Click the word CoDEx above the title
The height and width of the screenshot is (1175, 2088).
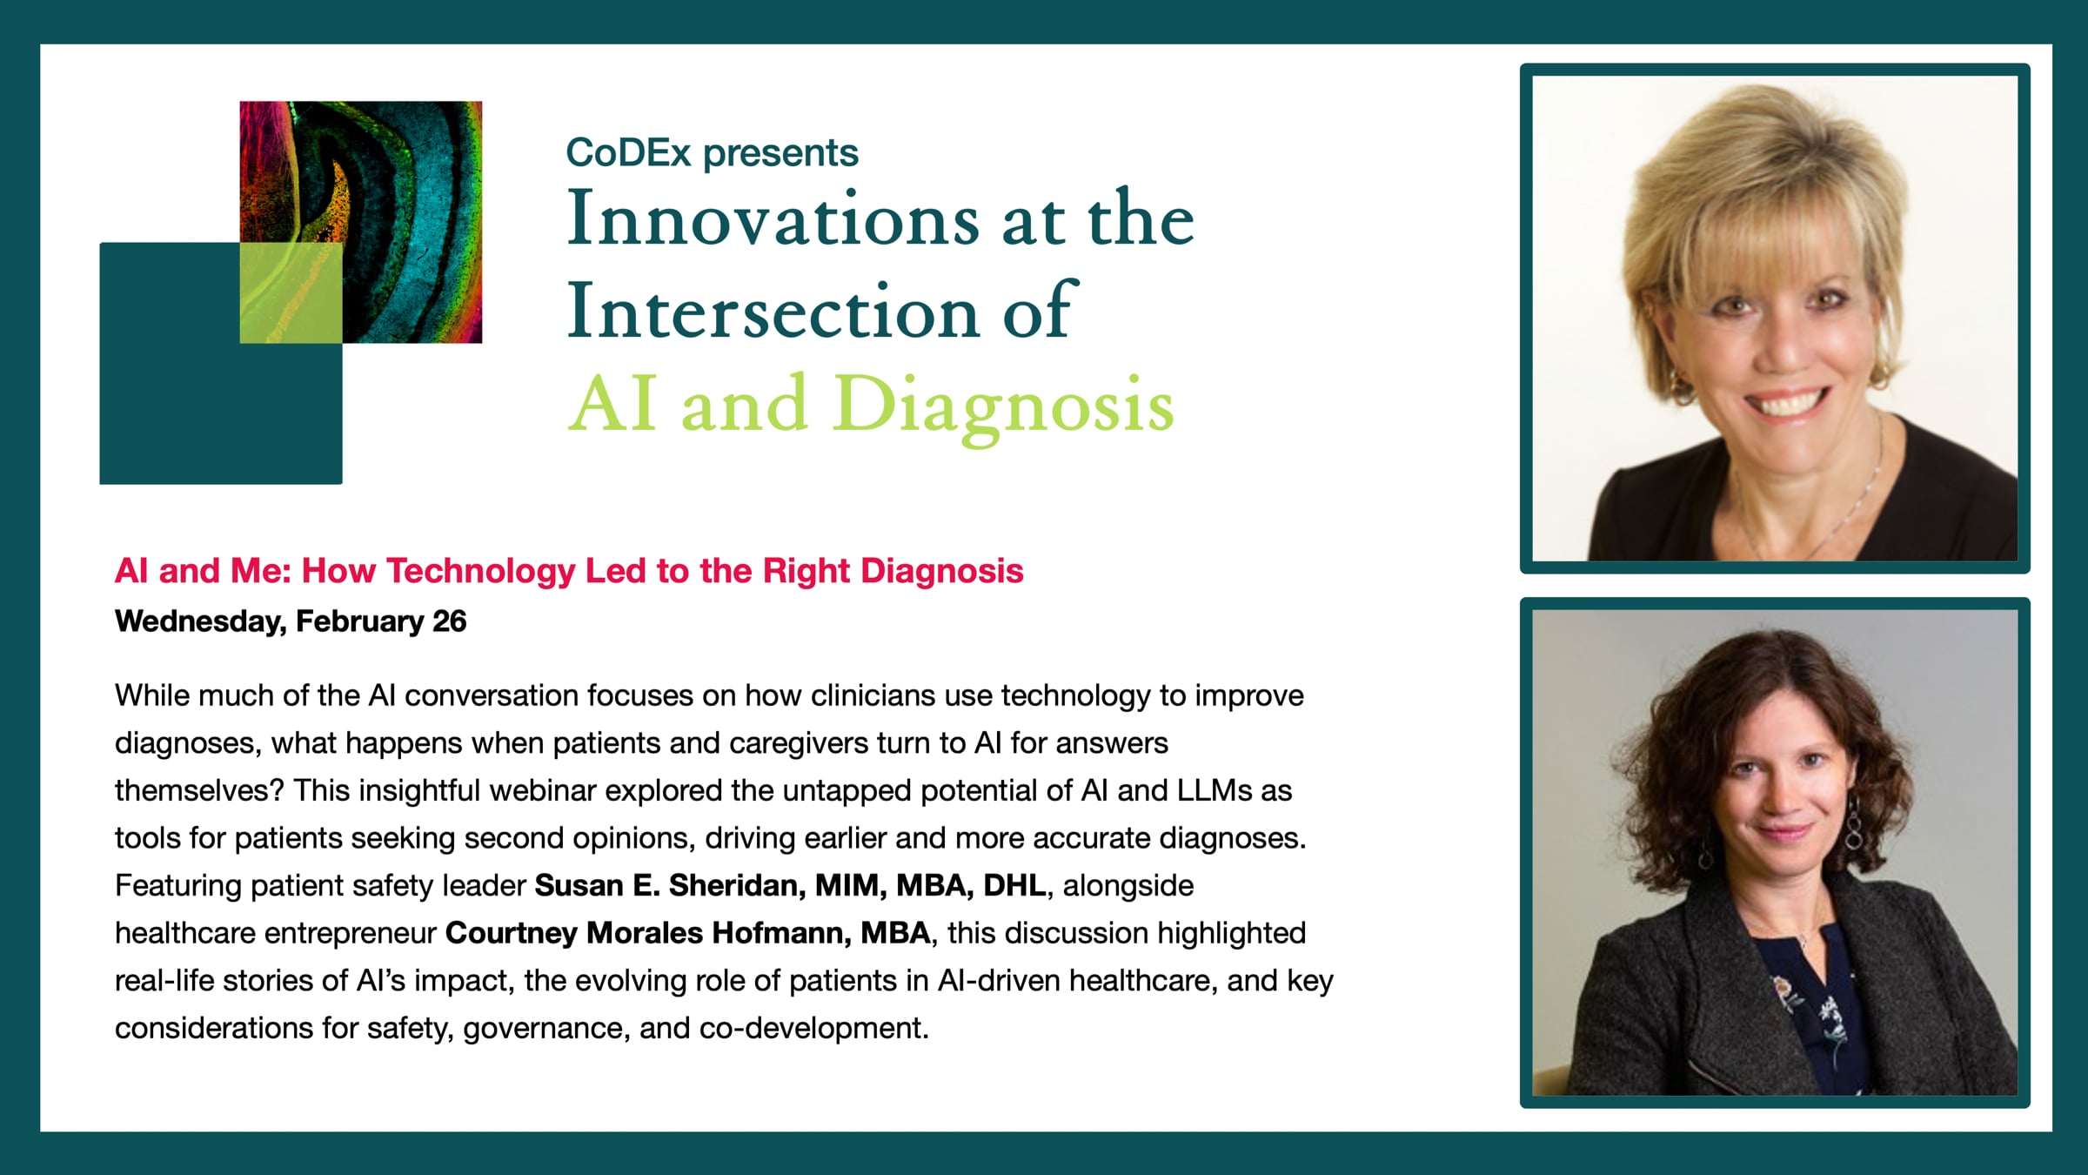pos(628,153)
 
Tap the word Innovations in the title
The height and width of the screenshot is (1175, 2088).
pos(773,218)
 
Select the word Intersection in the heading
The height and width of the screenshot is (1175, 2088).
pos(773,312)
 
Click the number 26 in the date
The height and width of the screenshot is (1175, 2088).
pos(449,621)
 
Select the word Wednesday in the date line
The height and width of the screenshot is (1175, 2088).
pos(198,622)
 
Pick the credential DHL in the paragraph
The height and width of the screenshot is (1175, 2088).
pos(1015,885)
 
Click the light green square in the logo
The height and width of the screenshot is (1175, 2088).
pos(291,292)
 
